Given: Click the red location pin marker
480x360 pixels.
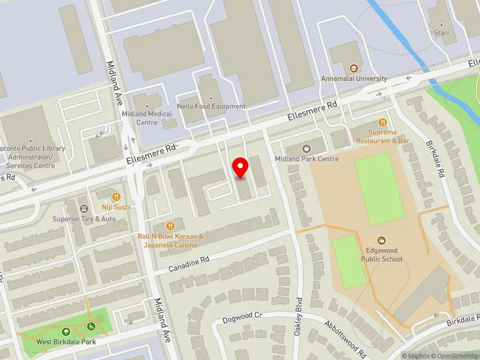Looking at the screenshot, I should (x=241, y=167).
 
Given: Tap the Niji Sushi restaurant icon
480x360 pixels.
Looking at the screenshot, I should (x=116, y=196).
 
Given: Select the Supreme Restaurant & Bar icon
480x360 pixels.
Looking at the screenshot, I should (x=382, y=122).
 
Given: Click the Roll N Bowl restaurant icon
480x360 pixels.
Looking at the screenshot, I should (x=171, y=226).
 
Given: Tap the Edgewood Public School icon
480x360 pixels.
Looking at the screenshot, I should (x=382, y=240).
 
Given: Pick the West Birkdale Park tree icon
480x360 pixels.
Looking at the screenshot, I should (x=66, y=332).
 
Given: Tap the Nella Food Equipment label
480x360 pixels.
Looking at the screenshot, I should (x=211, y=107).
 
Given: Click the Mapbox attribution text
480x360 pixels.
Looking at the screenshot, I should (x=415, y=356).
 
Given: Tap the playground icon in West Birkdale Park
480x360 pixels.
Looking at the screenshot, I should (x=91, y=326).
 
